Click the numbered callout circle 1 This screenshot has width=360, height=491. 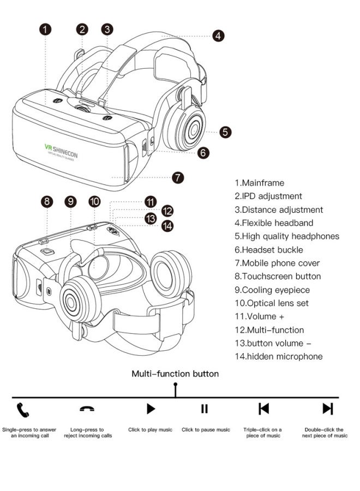[x=47, y=29]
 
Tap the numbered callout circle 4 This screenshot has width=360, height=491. [x=218, y=36]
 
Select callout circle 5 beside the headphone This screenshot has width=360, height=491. [x=226, y=132]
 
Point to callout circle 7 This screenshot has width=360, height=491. [x=178, y=177]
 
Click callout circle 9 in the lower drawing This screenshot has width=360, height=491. [x=71, y=201]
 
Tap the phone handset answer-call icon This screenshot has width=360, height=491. [x=23, y=409]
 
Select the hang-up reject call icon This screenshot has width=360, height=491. [x=87, y=409]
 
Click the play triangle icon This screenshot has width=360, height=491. [x=151, y=409]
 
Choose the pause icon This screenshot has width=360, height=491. [x=205, y=409]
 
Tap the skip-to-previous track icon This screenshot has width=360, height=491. [x=263, y=409]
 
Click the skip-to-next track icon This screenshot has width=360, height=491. [x=327, y=409]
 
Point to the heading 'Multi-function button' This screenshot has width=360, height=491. [x=175, y=374]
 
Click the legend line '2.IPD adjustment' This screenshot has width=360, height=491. [x=268, y=196]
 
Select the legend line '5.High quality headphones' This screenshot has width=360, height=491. [x=287, y=236]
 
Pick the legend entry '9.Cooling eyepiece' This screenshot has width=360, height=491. [x=272, y=290]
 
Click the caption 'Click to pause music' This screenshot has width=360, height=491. [x=206, y=430]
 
